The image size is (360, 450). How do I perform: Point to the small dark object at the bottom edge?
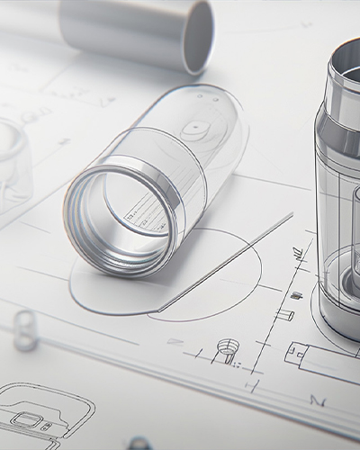coord(139,443)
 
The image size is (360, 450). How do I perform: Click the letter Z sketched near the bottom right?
coord(317,399)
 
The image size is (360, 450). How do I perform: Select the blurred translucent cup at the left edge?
coord(11,153)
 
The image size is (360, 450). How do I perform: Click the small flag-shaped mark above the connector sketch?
coord(285,314)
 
